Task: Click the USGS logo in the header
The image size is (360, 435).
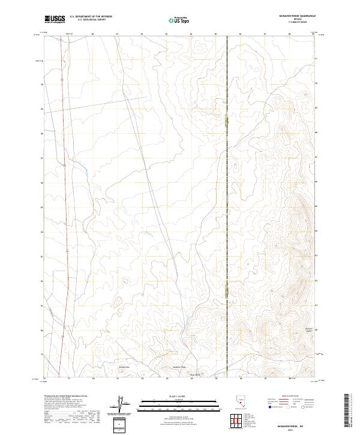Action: click(55, 19)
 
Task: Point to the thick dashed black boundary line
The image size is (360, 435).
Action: click(227, 180)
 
